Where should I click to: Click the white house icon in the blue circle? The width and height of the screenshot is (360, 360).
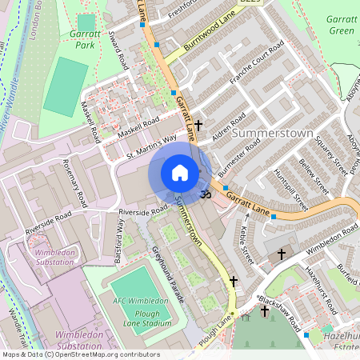[180, 173]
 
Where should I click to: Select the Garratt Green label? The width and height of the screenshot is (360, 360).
[341, 25]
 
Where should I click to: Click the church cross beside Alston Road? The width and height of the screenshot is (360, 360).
[198, 126]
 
